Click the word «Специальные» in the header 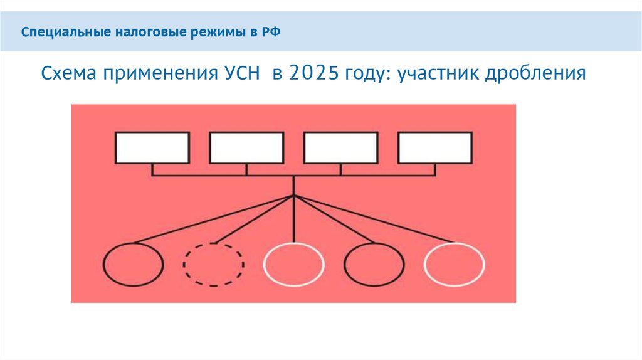click(x=58, y=31)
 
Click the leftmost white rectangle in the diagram click(x=152, y=148)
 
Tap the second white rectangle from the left click(x=246, y=148)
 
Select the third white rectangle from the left click(x=341, y=148)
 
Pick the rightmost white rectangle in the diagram click(x=435, y=148)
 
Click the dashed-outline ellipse click(x=214, y=264)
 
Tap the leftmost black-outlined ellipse click(x=133, y=264)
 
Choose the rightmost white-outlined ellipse click(x=455, y=264)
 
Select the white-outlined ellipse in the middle click(x=294, y=264)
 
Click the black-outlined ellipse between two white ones click(x=374, y=264)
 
